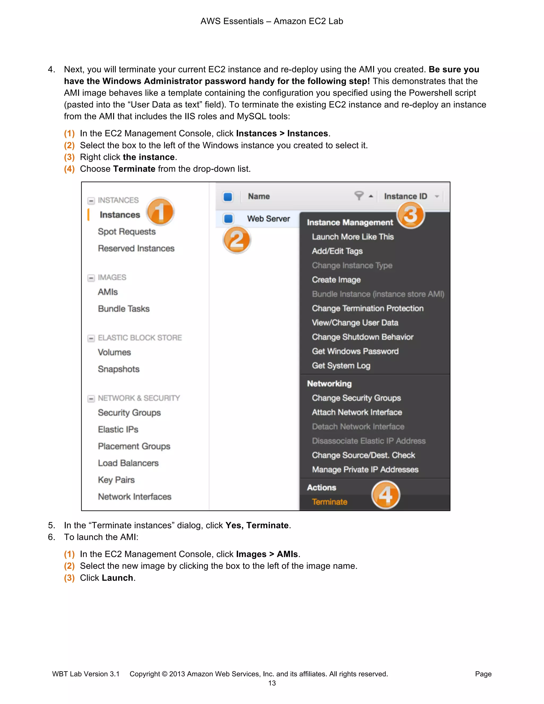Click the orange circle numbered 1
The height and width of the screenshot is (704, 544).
(x=160, y=211)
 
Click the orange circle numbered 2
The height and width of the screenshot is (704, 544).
(x=237, y=240)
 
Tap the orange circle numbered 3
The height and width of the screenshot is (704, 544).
(x=411, y=215)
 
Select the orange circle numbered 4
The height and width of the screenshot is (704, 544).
(x=385, y=495)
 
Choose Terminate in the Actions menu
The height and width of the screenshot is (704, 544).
(x=329, y=502)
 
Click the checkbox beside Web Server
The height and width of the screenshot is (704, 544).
(x=228, y=219)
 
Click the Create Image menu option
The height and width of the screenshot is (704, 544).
(x=336, y=279)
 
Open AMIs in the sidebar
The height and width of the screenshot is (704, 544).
(x=108, y=292)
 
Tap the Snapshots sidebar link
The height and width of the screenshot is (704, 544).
(x=118, y=369)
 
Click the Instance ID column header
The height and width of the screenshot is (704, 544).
(x=405, y=196)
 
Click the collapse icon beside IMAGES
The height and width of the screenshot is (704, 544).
(x=91, y=278)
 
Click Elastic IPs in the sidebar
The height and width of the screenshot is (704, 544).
(x=118, y=429)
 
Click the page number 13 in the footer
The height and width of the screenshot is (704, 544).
(x=272, y=683)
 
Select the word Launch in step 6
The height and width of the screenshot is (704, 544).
(x=117, y=578)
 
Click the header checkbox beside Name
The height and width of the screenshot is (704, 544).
(x=228, y=196)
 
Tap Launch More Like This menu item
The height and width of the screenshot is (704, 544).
(x=352, y=237)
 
